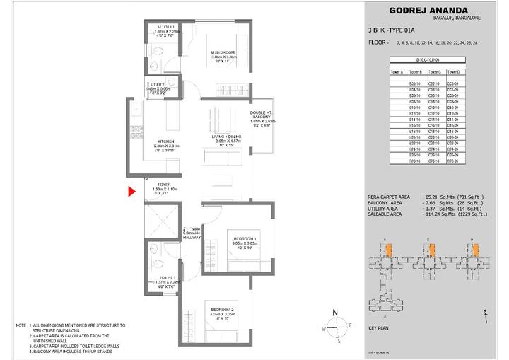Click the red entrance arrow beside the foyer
pos(131,191)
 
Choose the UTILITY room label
pos(157,84)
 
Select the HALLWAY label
pos(192,238)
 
